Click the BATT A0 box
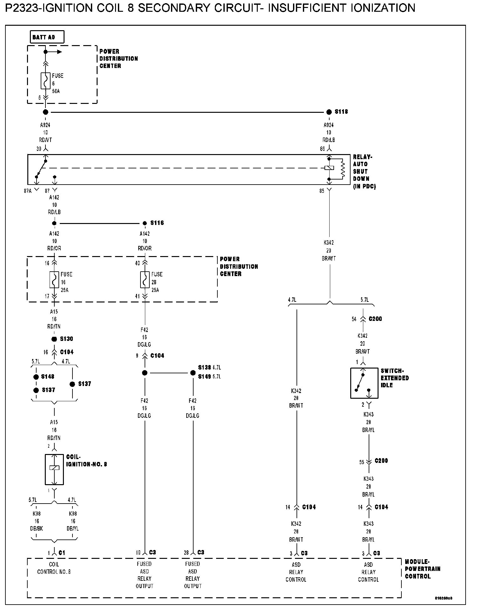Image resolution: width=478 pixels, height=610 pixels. pos(47,37)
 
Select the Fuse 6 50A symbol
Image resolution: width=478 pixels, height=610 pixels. pos(45,81)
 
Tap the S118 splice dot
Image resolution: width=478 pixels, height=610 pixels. pos(329,112)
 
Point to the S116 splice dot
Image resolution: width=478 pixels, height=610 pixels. pos(145,223)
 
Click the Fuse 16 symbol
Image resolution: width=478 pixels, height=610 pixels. pos(54,280)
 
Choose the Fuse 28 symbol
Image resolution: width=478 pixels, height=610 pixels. pos(145,280)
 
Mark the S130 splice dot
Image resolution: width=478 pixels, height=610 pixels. pos(54,339)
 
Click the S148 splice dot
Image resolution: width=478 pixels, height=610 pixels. pos(36,377)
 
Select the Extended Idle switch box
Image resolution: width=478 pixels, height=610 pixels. pos(364,383)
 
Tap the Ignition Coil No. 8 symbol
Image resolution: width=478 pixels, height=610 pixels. pos(54,469)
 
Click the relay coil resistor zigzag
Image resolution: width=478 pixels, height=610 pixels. pos(343,169)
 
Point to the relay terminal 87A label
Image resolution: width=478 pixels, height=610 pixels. pos(28,191)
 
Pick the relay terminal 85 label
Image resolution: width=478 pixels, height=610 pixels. pos(322,191)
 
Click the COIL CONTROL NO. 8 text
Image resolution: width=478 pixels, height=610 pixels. pos(54,568)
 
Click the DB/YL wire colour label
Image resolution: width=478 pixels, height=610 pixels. pos(73,529)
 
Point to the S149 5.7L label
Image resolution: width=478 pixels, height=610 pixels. pos(209,377)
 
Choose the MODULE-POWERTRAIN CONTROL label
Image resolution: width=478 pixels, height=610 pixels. pos(422,569)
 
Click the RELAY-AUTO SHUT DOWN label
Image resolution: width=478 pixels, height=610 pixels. pos(364,172)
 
